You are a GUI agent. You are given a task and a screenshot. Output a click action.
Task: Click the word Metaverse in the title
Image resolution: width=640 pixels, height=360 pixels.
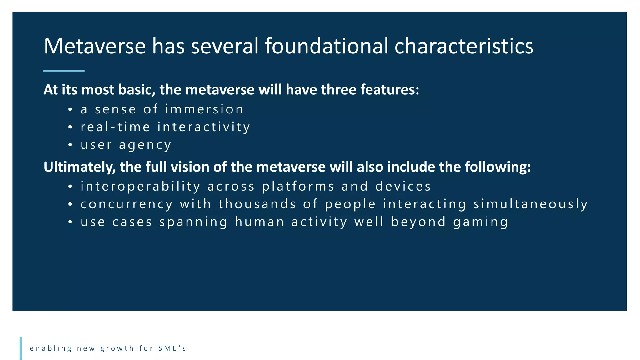tap(95, 46)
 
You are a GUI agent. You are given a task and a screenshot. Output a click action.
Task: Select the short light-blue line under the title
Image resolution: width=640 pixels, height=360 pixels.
tap(64, 71)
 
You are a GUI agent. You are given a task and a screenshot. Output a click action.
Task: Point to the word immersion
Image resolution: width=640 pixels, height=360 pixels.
tap(204, 109)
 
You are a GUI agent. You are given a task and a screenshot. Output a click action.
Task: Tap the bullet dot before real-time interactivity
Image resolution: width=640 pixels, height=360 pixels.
tap(70, 127)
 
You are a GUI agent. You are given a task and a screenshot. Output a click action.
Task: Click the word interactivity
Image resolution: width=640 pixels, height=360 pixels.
tap(204, 127)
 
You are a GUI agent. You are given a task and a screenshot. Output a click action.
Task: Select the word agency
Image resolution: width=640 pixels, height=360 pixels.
tap(145, 145)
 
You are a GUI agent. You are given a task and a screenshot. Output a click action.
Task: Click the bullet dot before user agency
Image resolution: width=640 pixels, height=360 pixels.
tap(70, 145)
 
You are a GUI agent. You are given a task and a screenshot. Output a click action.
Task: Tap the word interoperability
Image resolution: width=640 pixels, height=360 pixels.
tap(140, 187)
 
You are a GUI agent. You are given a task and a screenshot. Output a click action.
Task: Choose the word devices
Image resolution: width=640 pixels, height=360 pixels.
tap(403, 187)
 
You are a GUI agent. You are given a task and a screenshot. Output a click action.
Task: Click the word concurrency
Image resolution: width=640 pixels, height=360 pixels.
tap(127, 204)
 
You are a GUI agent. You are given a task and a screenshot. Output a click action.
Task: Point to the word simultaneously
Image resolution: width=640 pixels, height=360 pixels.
tap(531, 204)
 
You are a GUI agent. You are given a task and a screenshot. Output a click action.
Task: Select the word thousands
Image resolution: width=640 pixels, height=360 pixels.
tap(257, 204)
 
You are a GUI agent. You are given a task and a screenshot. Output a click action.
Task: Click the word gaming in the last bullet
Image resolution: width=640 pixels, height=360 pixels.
tap(481, 222)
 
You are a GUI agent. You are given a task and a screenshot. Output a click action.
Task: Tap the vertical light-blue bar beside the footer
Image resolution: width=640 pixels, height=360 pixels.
tap(21, 348)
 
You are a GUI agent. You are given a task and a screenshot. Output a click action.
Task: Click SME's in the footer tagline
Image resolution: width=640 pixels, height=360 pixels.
tap(172, 348)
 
